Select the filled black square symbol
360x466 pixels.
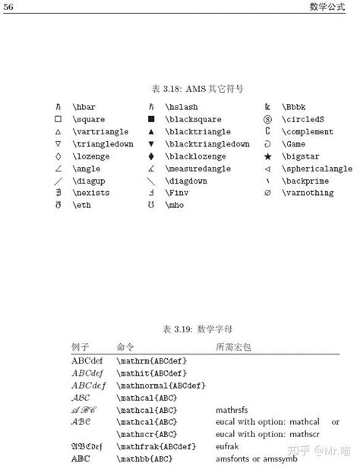tap(151, 120)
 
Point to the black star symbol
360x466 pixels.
tap(267, 156)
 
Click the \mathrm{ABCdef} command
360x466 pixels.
tap(151, 361)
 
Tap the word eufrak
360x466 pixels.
tap(227, 446)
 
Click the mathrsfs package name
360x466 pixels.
tap(232, 410)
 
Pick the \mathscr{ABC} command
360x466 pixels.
tap(147, 434)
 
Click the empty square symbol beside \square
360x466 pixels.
tap(58, 120)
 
